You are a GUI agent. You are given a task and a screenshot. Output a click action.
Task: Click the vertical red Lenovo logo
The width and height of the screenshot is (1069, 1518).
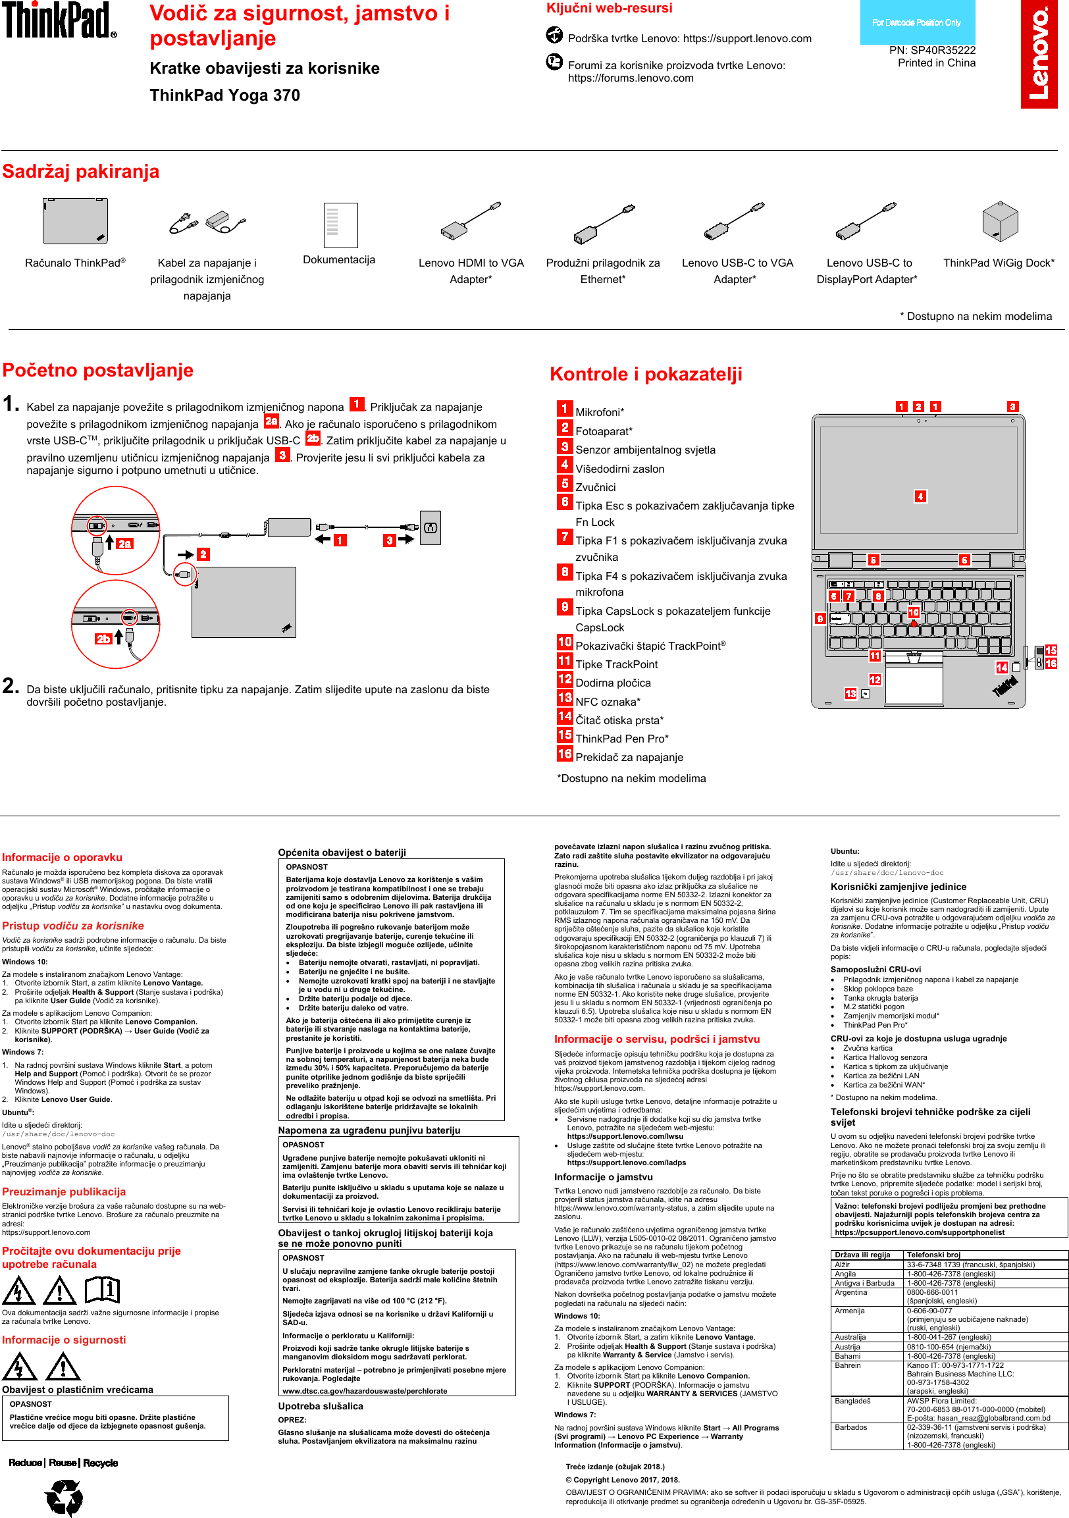1039,54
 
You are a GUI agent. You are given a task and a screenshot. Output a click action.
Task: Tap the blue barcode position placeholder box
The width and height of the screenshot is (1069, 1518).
916,22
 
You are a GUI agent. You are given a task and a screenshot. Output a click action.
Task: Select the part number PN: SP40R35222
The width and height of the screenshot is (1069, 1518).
931,50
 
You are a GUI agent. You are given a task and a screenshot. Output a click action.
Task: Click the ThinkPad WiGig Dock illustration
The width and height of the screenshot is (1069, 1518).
1000,221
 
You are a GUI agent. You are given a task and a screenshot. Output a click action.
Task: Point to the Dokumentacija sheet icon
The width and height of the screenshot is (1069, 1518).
340,224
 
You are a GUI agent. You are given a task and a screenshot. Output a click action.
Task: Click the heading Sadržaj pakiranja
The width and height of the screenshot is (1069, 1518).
81,172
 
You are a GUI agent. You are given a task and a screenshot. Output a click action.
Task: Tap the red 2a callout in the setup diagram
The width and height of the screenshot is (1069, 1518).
124,544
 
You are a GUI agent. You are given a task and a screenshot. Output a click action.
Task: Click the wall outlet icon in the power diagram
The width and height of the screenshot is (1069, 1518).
430,527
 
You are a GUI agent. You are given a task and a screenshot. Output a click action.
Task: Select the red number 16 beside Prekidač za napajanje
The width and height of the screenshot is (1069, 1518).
565,754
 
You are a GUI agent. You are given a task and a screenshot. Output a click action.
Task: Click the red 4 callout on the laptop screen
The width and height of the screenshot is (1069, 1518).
920,496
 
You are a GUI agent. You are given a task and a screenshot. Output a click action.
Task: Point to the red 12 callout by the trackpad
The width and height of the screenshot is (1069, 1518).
875,679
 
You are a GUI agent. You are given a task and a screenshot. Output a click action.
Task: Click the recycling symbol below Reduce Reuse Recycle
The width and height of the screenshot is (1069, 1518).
64,1497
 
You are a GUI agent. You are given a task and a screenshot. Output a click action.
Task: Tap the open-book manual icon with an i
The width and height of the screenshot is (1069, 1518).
102,1288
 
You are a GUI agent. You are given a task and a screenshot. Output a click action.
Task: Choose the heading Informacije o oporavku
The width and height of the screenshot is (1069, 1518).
62,858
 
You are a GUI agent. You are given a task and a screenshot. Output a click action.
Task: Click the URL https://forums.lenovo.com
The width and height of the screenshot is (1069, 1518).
631,78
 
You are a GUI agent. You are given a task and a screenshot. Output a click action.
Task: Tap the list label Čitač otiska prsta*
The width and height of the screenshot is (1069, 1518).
619,720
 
